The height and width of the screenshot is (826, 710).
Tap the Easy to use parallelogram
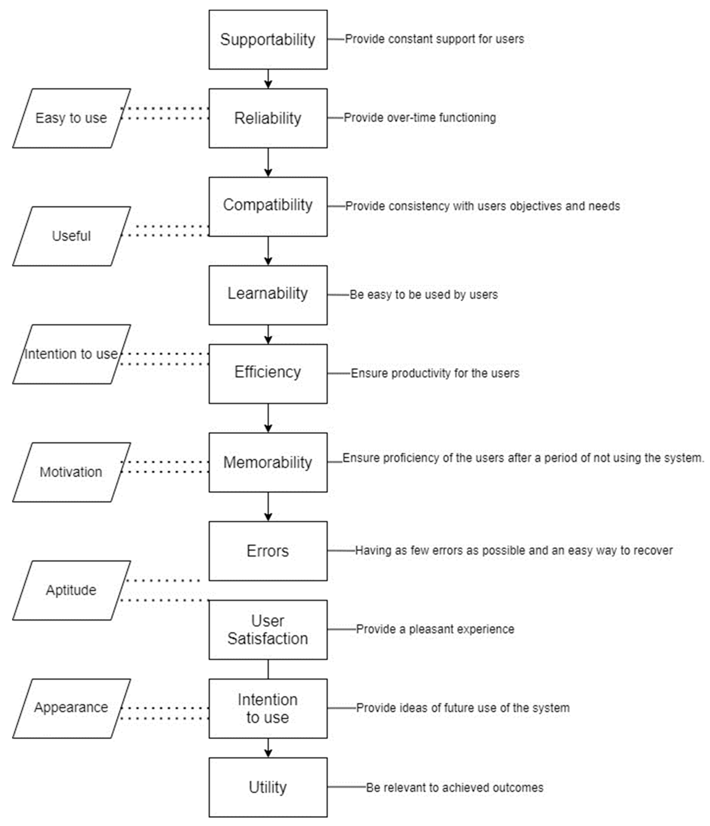tap(71, 118)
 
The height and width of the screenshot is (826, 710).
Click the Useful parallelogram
tap(71, 236)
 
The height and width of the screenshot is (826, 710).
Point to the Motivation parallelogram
tap(71, 472)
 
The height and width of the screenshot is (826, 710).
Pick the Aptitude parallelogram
tap(71, 590)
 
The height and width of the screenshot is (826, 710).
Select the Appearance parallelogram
tap(71, 708)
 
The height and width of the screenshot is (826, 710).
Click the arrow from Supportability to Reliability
tap(268, 79)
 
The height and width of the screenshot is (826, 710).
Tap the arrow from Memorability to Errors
tap(268, 506)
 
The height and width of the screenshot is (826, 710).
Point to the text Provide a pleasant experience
tap(435, 629)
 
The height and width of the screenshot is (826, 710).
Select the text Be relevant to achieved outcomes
tap(454, 787)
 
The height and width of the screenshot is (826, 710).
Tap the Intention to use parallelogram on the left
tap(71, 354)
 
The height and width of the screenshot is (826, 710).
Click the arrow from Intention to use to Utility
tap(268, 747)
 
